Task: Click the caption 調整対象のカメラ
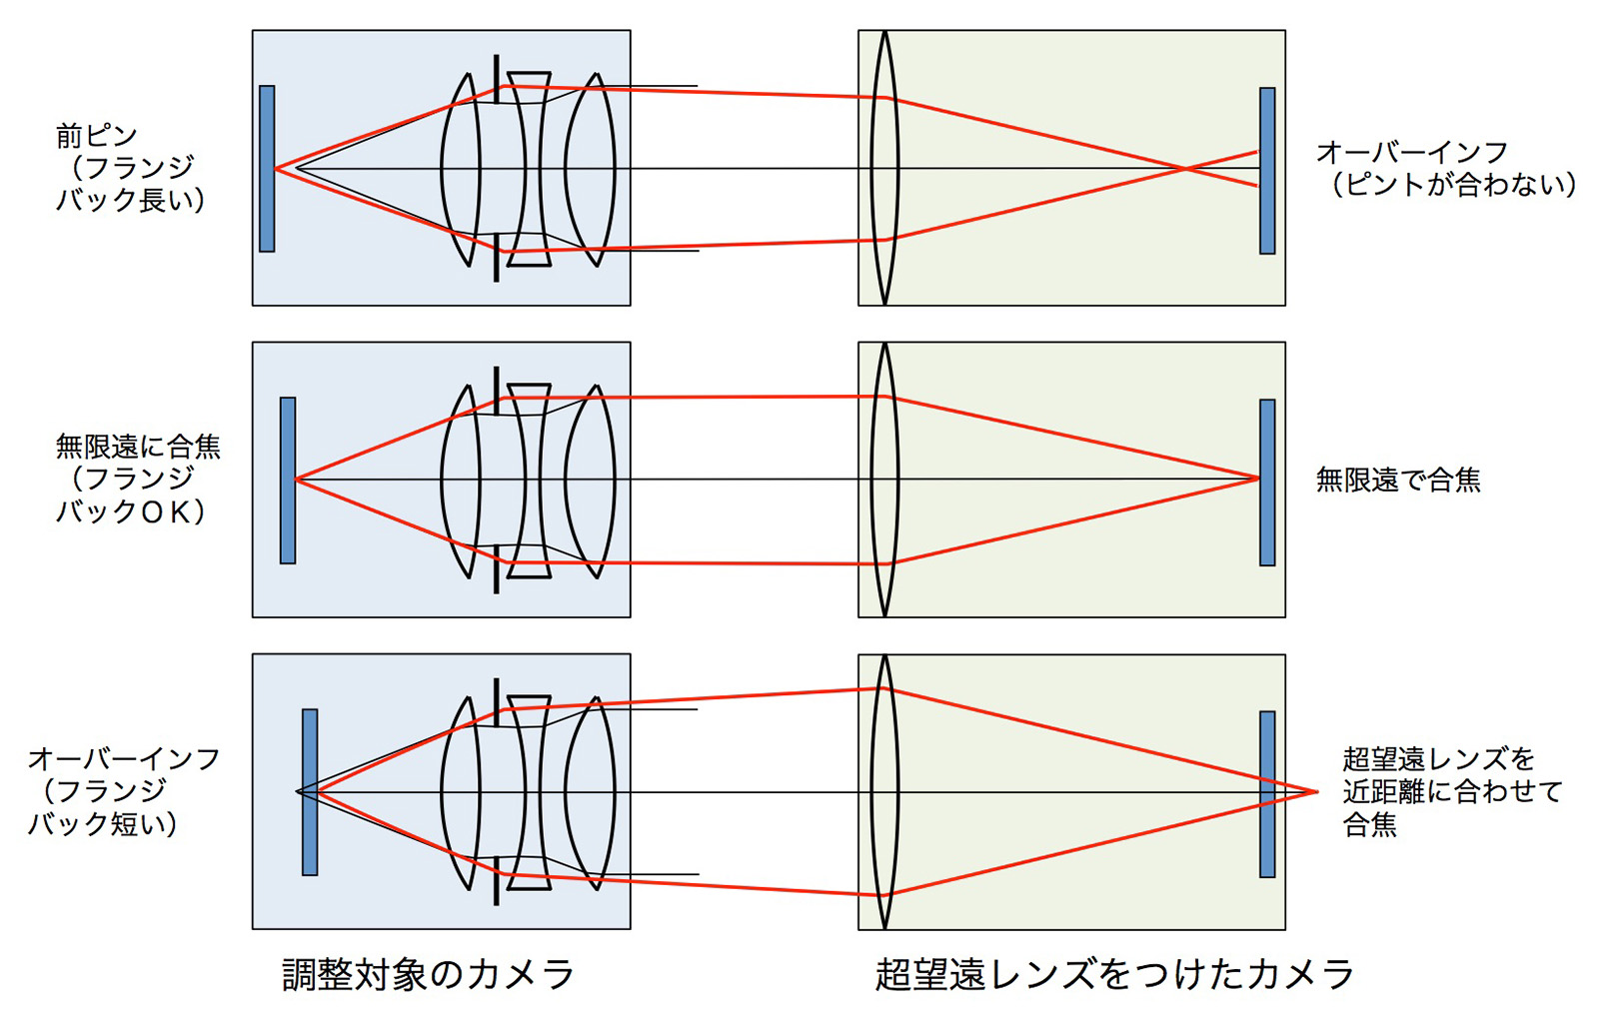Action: click(428, 975)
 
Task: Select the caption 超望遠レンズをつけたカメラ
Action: click(1114, 975)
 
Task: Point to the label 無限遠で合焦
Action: click(1398, 480)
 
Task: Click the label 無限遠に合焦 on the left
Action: click(139, 447)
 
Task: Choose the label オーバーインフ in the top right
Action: click(1412, 152)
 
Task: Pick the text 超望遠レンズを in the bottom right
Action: click(1438, 758)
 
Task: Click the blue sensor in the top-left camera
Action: click(267, 169)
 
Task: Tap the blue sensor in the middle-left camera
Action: click(288, 481)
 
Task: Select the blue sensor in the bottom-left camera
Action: click(310, 792)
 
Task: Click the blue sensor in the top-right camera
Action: click(1267, 171)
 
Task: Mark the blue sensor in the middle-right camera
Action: click(1267, 483)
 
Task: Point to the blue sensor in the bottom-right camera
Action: click(1267, 794)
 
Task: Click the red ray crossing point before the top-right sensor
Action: click(1185, 169)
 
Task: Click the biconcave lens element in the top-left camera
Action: click(529, 169)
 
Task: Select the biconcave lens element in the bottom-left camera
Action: click(529, 793)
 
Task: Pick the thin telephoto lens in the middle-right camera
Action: click(884, 480)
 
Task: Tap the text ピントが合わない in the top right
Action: click(1450, 185)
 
